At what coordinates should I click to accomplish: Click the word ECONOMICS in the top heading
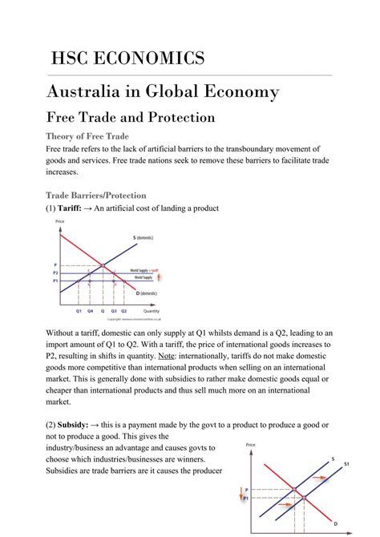tap(158, 59)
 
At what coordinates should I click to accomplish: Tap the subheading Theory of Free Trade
tap(87, 136)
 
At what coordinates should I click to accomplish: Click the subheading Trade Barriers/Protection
tap(96, 194)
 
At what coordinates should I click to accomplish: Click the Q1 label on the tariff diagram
tap(79, 309)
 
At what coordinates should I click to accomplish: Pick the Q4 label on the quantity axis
tap(91, 309)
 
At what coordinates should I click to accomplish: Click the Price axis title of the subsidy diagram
tap(251, 443)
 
